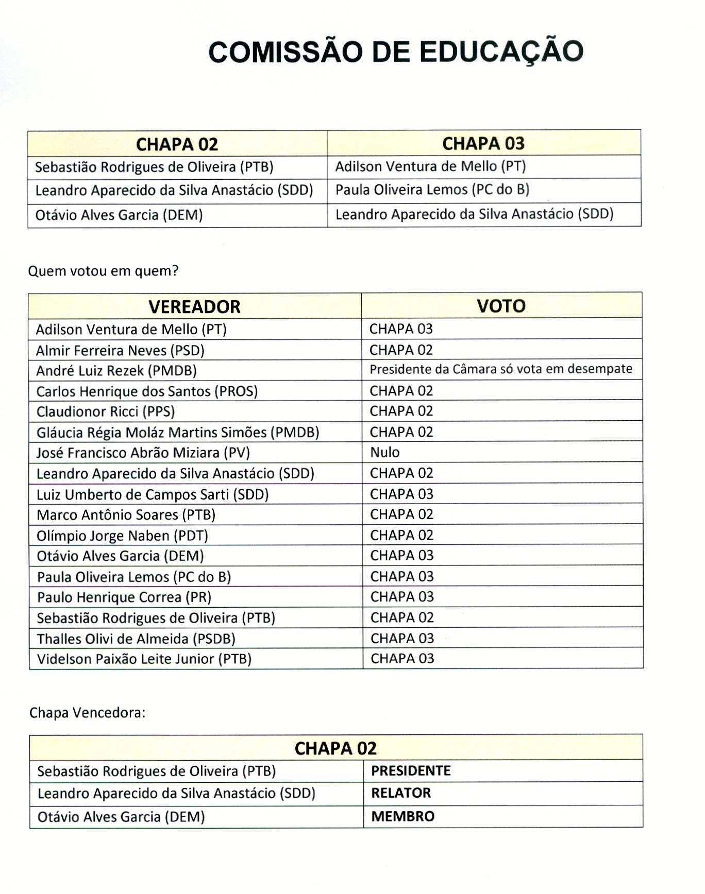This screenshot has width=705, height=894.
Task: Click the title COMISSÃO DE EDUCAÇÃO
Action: [x=396, y=52]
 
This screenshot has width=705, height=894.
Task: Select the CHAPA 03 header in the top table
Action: [x=483, y=143]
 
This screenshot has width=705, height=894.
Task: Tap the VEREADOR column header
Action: [x=194, y=306]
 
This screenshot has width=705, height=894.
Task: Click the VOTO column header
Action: [x=501, y=306]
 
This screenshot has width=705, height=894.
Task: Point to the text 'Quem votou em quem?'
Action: [x=103, y=271]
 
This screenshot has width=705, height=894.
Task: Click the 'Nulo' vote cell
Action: [x=385, y=452]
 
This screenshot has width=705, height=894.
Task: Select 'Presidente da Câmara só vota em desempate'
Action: [x=500, y=369]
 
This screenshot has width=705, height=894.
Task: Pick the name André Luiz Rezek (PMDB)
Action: [x=116, y=371]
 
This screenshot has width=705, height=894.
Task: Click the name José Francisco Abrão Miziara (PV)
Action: [x=143, y=453]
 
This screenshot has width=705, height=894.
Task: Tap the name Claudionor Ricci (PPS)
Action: [x=106, y=411]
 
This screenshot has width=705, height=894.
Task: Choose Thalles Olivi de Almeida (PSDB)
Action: [x=136, y=639]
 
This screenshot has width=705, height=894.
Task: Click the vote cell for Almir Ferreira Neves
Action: [x=401, y=350]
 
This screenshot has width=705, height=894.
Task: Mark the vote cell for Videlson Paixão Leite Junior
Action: [x=402, y=659]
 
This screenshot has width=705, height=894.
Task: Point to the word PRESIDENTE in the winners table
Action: [x=411, y=771]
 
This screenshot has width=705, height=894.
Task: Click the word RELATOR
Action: [x=401, y=793]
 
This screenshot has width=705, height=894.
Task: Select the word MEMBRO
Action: [x=403, y=817]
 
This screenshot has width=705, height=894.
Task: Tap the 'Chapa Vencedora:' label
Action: [x=87, y=713]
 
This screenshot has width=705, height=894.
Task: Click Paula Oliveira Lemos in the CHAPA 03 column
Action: [x=432, y=190]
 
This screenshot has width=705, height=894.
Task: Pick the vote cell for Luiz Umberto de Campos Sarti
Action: [x=401, y=494]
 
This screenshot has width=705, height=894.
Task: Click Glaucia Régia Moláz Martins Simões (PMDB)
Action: [x=178, y=432]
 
